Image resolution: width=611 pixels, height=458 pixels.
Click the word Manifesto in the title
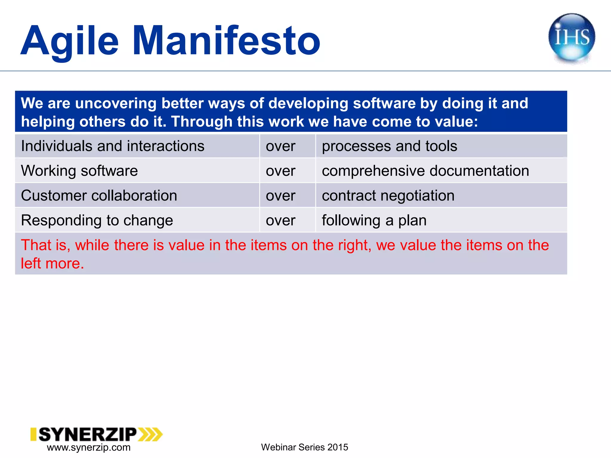point(226,41)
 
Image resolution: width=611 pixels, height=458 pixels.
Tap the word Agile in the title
point(70,41)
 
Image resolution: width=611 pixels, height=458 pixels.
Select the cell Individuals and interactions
point(113,146)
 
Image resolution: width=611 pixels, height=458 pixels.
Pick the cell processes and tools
point(389,146)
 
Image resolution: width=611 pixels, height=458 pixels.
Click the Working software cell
point(79,171)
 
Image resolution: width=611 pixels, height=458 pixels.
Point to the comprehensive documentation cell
point(425,171)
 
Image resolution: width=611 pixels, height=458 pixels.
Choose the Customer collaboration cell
point(99,196)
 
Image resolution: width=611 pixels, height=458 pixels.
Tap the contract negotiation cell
point(388,196)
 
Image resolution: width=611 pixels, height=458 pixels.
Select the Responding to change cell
point(97,220)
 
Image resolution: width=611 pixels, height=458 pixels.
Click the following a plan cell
point(374,220)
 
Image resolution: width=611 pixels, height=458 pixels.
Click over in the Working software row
point(280,171)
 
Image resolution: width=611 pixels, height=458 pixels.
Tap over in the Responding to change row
point(280,220)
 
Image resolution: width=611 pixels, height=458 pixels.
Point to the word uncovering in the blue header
point(116,103)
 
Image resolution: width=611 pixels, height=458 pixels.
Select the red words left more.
point(53,263)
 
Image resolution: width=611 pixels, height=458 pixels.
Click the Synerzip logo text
point(87,434)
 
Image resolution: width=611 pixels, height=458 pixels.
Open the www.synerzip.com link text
point(89,447)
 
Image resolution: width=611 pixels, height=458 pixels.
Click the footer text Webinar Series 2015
point(304,447)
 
